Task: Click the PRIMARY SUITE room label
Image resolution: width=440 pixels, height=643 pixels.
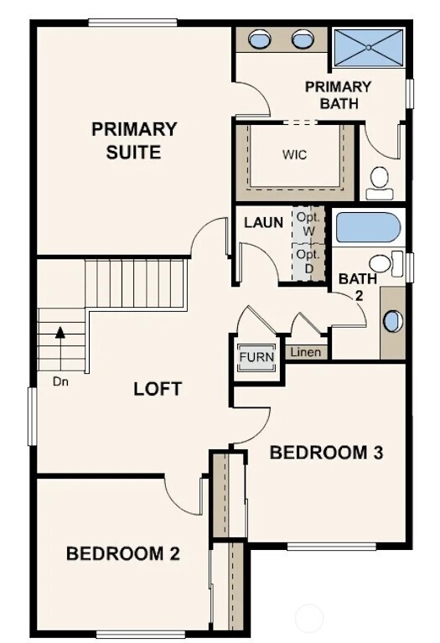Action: click(134, 141)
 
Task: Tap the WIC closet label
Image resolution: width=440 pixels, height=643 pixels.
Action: click(295, 155)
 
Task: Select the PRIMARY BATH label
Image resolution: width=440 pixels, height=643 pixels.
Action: click(338, 95)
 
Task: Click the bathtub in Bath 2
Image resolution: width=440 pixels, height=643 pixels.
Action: click(368, 228)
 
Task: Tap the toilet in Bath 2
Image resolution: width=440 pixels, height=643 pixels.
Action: click(385, 263)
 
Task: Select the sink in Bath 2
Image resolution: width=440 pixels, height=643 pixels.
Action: click(392, 321)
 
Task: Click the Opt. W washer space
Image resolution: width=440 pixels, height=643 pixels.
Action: click(308, 223)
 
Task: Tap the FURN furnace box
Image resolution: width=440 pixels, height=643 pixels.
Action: click(256, 357)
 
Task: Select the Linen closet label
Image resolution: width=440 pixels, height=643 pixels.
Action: click(306, 352)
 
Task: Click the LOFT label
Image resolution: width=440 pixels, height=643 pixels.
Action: click(158, 389)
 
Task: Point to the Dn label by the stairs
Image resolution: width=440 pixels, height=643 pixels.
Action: click(60, 381)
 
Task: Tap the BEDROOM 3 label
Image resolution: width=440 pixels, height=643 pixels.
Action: click(326, 453)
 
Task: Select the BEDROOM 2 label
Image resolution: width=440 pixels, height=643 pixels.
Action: click(123, 553)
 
